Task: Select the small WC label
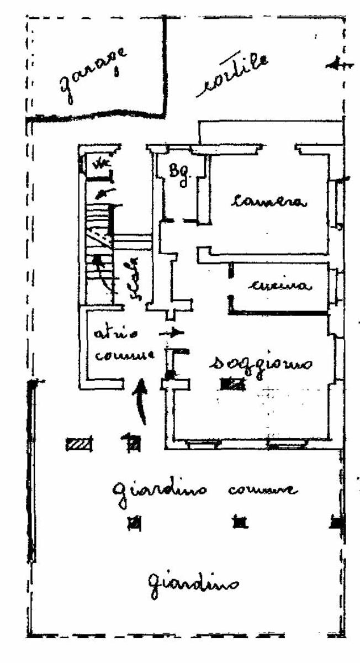(100, 164)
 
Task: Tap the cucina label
(280, 286)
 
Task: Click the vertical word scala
(135, 279)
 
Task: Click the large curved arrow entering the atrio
(141, 402)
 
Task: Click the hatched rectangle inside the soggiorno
(232, 383)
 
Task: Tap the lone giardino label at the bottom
(193, 582)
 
